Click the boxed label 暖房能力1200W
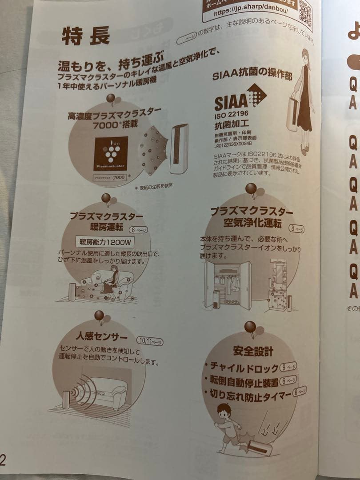[104, 242]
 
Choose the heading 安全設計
[252, 351]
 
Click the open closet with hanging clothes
[227, 284]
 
